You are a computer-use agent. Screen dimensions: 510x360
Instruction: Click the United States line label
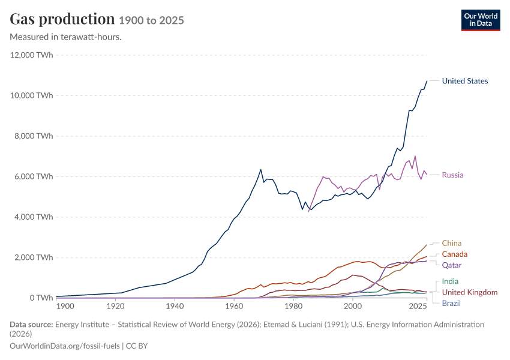pos(465,81)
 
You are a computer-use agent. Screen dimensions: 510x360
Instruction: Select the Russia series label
pos(452,175)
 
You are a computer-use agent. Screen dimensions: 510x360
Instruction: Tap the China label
pos(451,243)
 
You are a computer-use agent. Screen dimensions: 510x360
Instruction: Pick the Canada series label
pos(454,254)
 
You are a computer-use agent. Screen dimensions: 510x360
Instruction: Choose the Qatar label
pos(451,265)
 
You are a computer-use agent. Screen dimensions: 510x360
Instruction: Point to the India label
pos(450,281)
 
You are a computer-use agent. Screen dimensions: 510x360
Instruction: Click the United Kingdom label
pos(470,292)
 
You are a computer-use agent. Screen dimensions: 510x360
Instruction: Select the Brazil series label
pos(451,304)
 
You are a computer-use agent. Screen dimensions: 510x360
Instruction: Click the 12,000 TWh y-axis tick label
pos(31,55)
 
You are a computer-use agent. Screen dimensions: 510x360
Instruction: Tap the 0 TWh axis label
pos(41,298)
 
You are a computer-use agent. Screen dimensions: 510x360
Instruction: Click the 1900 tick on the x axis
pos(65,306)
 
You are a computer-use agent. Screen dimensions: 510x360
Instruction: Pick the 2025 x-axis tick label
pos(418,306)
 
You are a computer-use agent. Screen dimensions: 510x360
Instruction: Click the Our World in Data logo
pos(481,20)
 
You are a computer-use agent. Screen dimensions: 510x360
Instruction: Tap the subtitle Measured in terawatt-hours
pos(66,37)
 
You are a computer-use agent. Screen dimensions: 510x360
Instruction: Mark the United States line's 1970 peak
pos(260,169)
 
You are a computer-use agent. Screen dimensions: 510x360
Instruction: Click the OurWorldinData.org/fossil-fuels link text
pos(65,346)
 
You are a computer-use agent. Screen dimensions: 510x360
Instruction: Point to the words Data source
pos(31,324)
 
